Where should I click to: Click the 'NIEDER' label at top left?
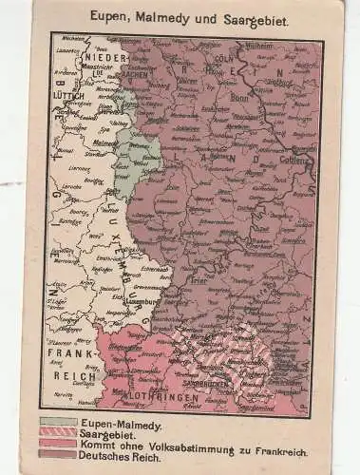pyautogui.click(x=107, y=60)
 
